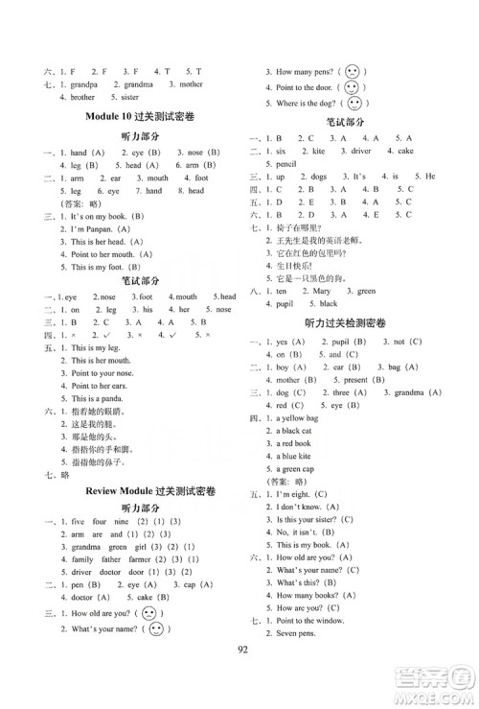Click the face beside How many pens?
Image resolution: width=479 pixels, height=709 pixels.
tap(354, 71)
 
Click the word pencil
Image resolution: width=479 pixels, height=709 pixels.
tap(284, 163)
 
